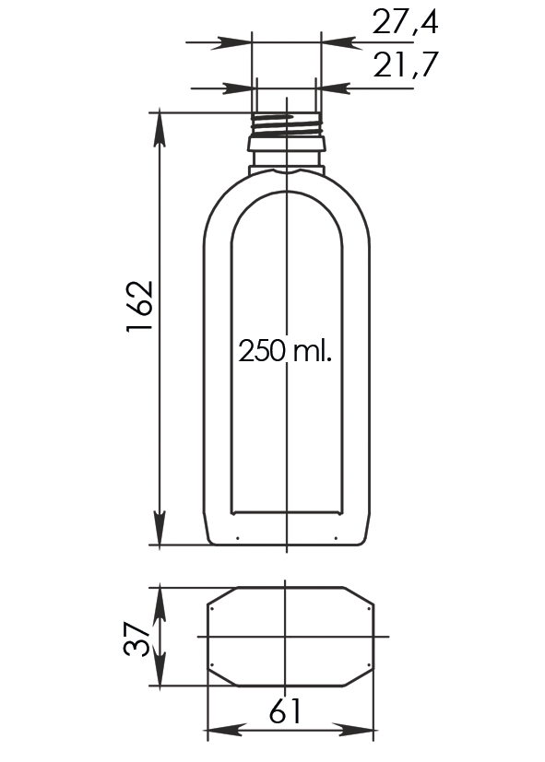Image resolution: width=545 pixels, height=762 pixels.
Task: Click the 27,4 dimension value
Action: pyautogui.click(x=405, y=22)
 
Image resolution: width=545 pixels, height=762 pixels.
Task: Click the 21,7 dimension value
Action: pyautogui.click(x=406, y=64)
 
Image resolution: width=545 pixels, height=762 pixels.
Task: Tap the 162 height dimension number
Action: pyautogui.click(x=140, y=307)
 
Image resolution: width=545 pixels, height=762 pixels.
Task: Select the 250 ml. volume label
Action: pyautogui.click(x=285, y=351)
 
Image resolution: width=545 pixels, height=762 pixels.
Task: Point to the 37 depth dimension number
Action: pyautogui.click(x=136, y=638)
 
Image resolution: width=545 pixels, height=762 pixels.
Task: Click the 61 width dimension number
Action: pyautogui.click(x=285, y=710)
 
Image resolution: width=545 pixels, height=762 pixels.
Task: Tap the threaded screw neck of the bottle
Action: pyautogui.click(x=287, y=125)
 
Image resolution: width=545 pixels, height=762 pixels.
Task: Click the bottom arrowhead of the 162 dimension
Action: pyautogui.click(x=160, y=528)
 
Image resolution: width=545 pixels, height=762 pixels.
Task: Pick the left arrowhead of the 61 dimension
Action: pyautogui.click(x=225, y=730)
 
